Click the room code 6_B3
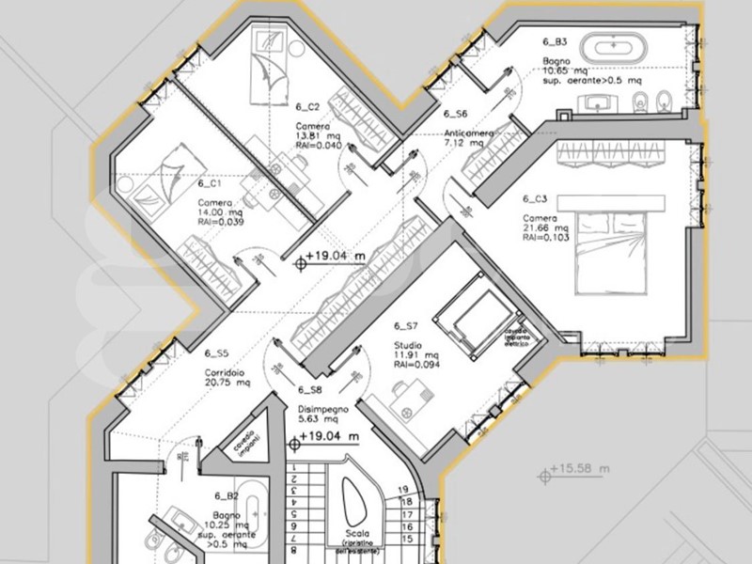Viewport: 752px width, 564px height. click(555, 42)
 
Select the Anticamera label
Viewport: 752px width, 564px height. click(466, 134)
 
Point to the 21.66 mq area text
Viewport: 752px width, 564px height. click(546, 228)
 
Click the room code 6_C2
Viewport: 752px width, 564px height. click(308, 106)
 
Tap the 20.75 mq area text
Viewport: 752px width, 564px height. click(228, 384)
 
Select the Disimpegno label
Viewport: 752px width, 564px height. click(323, 410)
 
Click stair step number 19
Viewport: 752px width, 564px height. click(404, 490)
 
